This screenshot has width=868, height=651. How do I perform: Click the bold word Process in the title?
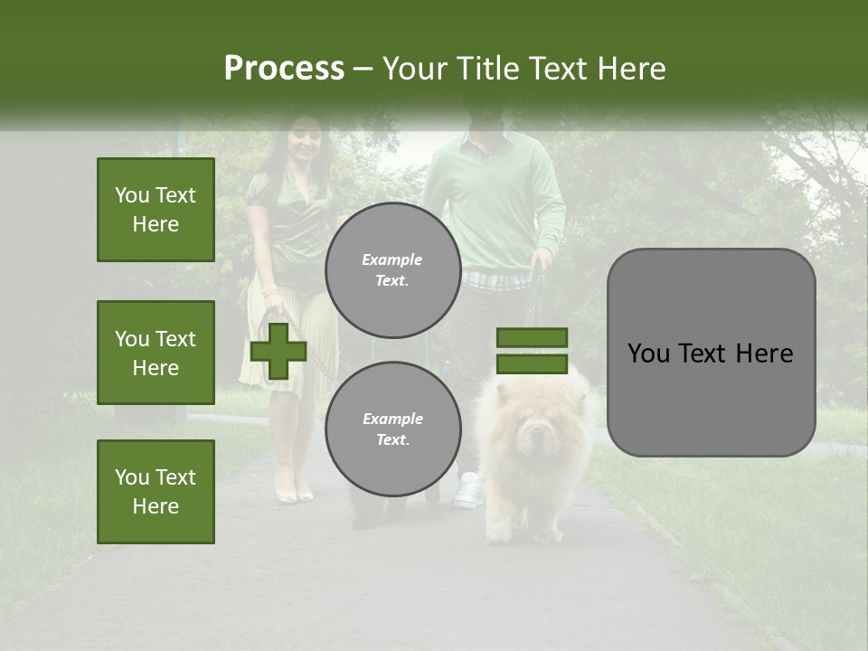click(x=284, y=68)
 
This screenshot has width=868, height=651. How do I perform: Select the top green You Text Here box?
click(x=156, y=210)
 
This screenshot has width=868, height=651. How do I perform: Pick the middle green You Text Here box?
click(x=156, y=353)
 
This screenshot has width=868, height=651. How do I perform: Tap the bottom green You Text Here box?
click(x=156, y=491)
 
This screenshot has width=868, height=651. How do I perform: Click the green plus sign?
click(x=278, y=350)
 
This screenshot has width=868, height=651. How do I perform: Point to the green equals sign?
click(x=532, y=351)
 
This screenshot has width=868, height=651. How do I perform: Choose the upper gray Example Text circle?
click(x=392, y=269)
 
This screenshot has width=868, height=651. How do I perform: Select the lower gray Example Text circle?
click(x=392, y=429)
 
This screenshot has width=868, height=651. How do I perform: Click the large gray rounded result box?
click(x=711, y=353)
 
